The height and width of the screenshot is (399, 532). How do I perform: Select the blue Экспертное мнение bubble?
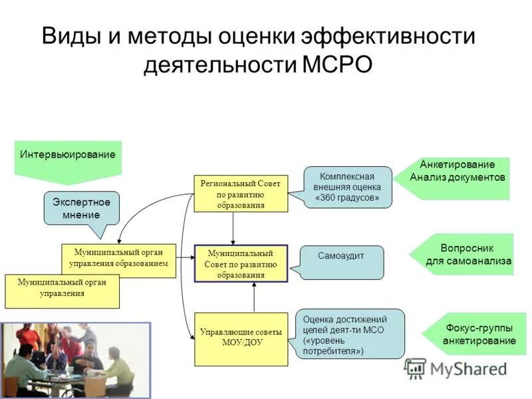(82, 207)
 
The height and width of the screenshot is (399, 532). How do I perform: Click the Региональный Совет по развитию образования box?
(240, 194)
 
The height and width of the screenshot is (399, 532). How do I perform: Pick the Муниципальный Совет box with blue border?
(240, 263)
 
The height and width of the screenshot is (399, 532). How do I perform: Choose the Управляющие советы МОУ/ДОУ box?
(240, 338)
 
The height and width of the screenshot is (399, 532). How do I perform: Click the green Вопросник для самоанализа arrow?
(465, 254)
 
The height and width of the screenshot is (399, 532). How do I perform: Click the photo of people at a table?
(75, 359)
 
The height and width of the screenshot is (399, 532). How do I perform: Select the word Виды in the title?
(70, 35)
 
